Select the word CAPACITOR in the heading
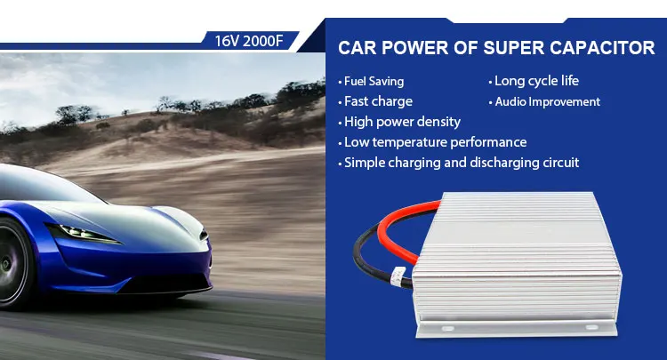(607, 49)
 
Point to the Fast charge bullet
(378, 101)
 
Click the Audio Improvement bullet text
(546, 101)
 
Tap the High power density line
(402, 122)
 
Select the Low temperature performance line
(435, 142)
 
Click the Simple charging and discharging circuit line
(461, 163)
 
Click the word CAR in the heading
(358, 49)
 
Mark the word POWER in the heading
(417, 49)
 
